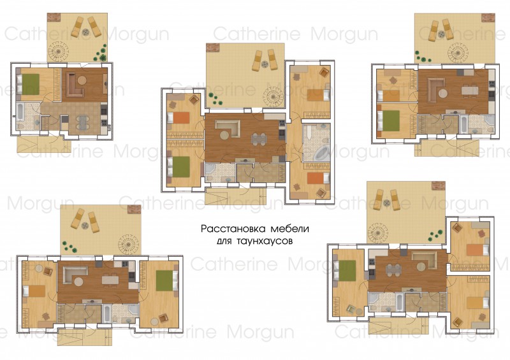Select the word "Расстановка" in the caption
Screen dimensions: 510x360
pos(233,229)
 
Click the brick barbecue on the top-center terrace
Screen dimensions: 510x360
pos(213,47)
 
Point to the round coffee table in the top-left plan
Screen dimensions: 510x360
pos(82,80)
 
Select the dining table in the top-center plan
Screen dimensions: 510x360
pos(259,140)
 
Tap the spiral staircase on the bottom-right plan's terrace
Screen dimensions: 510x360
pos(378,233)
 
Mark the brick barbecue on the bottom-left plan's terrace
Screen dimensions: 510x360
pos(134,210)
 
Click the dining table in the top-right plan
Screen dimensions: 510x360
pos(470,90)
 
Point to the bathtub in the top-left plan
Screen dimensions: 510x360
pos(20,111)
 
